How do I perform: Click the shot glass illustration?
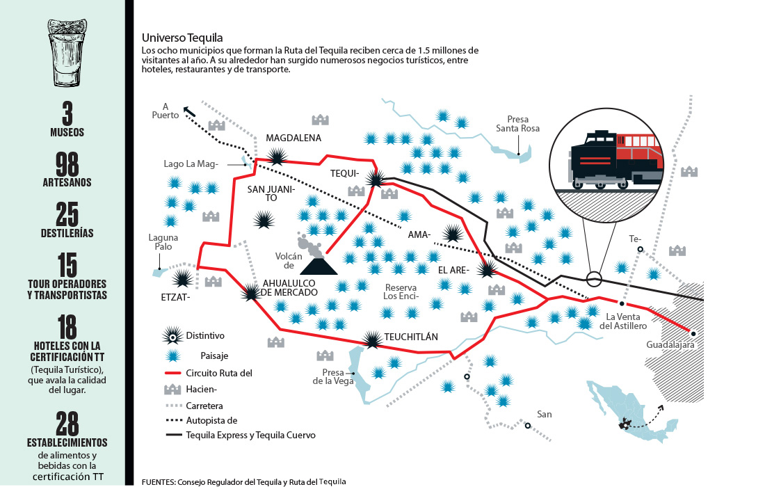(x=67, y=53)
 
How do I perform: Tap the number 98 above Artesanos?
(x=67, y=164)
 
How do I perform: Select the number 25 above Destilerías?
(x=67, y=215)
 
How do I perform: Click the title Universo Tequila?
(x=182, y=38)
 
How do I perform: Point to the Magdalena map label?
(x=293, y=138)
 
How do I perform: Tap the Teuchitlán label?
(x=411, y=337)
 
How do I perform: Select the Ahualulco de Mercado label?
(x=289, y=288)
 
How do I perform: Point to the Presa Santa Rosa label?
(x=517, y=124)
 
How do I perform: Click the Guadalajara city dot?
(x=693, y=334)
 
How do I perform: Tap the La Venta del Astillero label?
(x=623, y=321)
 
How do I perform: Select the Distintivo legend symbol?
(x=172, y=335)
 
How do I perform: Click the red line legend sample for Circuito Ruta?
(x=173, y=374)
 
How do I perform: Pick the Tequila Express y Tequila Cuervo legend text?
(x=251, y=436)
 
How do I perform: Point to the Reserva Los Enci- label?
(x=401, y=292)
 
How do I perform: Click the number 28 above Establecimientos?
(x=67, y=424)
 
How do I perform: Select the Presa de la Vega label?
(x=333, y=376)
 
